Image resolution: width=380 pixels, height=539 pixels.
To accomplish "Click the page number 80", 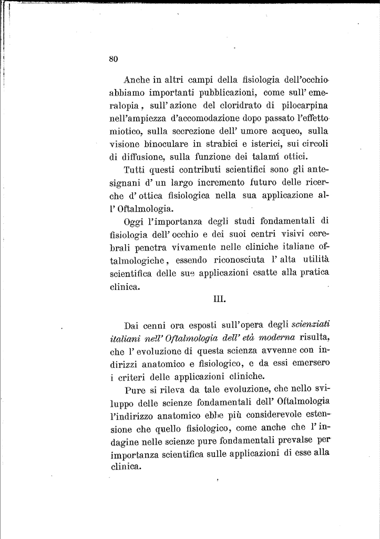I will (112, 59).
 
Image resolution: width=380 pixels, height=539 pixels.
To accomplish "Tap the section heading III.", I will (220, 301).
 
